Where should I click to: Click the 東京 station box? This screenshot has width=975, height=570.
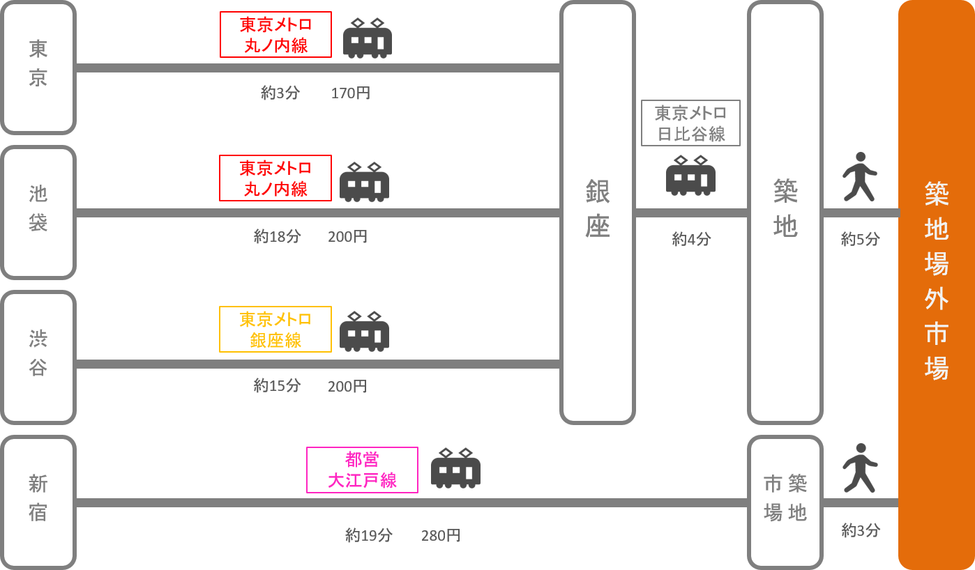pos(38,68)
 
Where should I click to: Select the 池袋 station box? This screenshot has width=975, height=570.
pos(38,213)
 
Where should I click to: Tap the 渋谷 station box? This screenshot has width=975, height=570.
pos(38,357)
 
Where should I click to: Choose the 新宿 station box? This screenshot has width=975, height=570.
pos(38,502)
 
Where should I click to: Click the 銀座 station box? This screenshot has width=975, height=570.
pos(598,213)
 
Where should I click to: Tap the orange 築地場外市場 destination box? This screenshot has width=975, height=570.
pos(936,284)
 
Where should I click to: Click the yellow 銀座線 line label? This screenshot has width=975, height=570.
pos(275,330)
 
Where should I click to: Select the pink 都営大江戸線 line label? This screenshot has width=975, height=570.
pos(362,470)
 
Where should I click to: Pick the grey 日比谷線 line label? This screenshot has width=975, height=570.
pos(690,123)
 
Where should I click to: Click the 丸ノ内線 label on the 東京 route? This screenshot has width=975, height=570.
pos(275,35)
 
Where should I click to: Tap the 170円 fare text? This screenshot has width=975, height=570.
pos(350,93)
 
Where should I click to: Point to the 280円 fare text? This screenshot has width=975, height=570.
pos(440,536)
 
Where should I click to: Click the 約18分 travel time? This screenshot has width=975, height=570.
pos(277,237)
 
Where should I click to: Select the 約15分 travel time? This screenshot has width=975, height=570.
pos(277,386)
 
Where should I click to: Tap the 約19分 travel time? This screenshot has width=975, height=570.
pos(368,536)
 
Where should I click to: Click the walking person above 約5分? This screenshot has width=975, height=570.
pos(859,177)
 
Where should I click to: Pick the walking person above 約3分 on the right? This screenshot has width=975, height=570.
pos(860,468)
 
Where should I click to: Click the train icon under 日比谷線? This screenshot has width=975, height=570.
pos(690,176)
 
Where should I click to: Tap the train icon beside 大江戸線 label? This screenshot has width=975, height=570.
pos(455,468)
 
